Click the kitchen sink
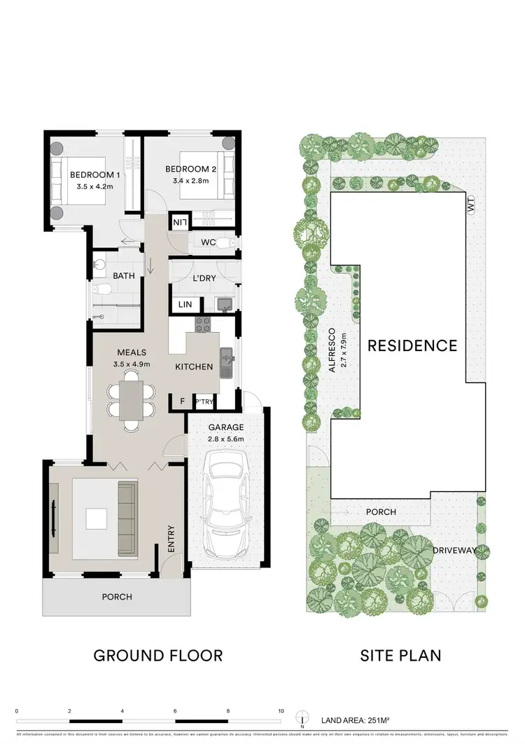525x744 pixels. click(x=226, y=361)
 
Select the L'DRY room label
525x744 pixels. click(x=204, y=278)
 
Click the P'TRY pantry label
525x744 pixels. click(x=204, y=401)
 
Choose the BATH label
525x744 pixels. click(x=124, y=276)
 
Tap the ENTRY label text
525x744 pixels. click(x=171, y=541)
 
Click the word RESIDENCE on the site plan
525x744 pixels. click(x=412, y=345)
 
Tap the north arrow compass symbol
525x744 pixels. click(x=301, y=719)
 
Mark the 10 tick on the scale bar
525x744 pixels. click(x=281, y=710)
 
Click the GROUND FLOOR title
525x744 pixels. click(x=158, y=656)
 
